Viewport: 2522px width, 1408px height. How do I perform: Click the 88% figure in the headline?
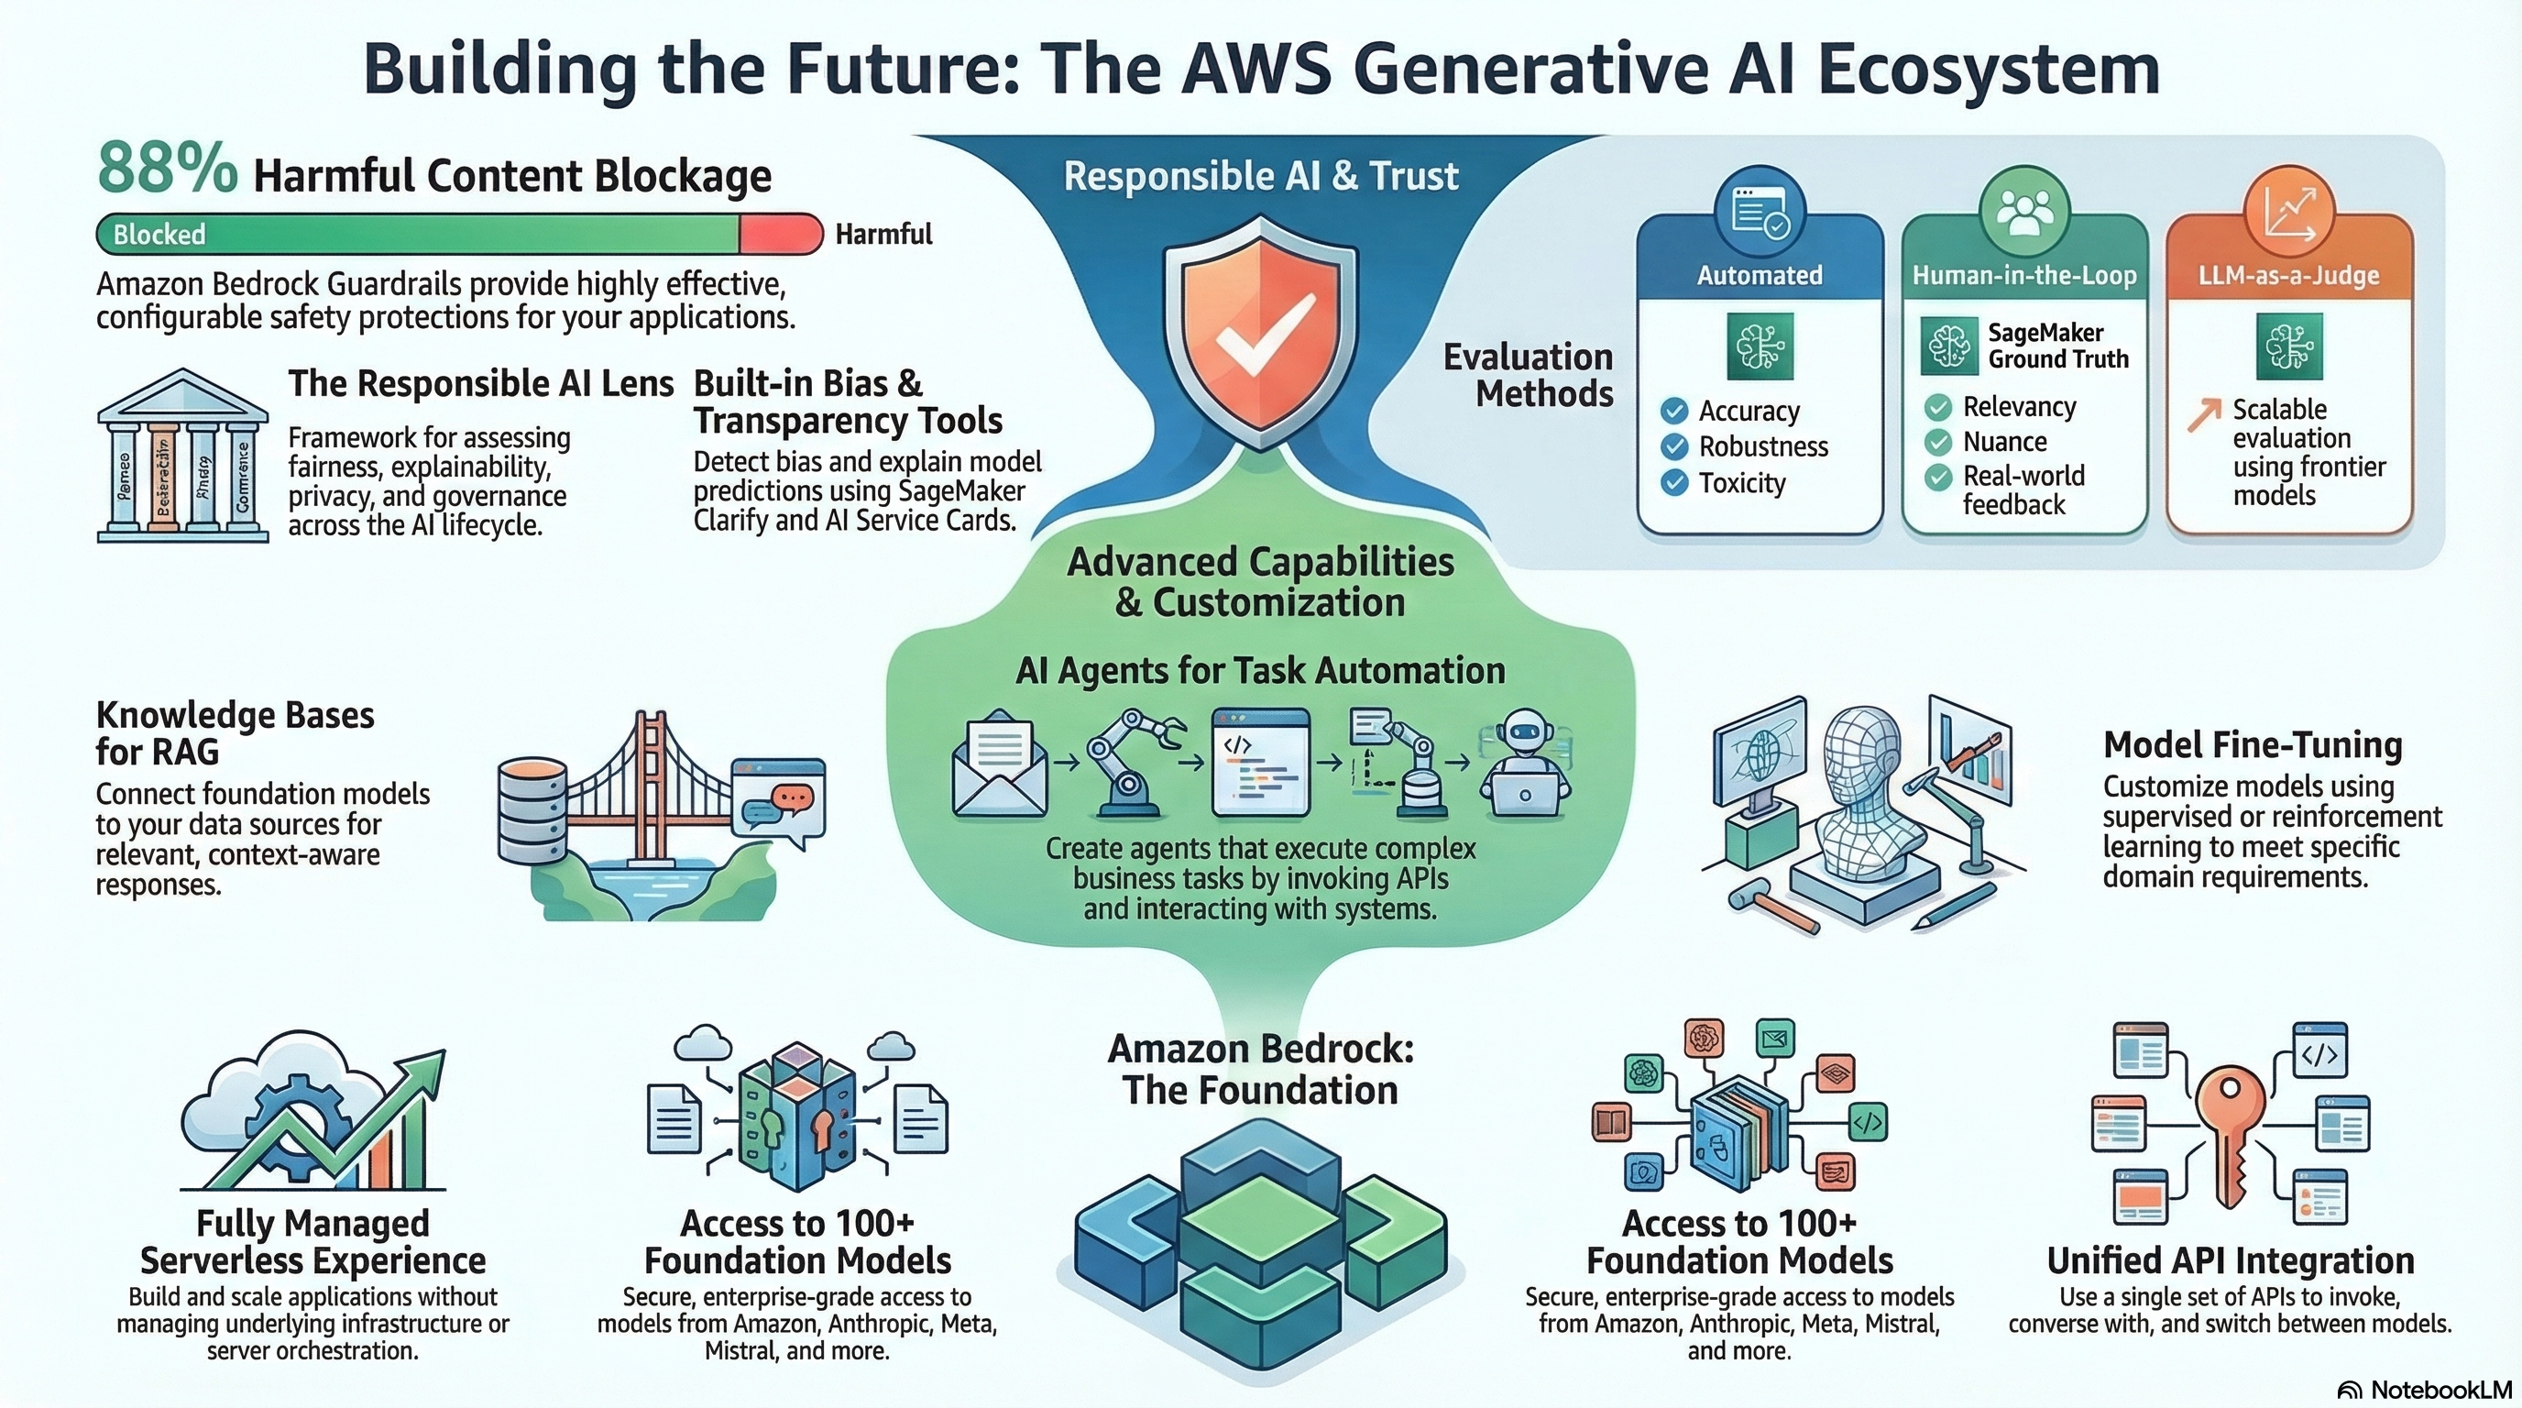coord(167,170)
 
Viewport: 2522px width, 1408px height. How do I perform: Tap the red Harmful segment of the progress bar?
coord(779,234)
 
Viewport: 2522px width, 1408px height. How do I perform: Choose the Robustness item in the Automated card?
coord(1762,446)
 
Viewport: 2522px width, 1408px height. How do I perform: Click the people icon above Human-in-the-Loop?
coord(2023,212)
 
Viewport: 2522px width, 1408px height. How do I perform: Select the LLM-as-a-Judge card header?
coord(2288,275)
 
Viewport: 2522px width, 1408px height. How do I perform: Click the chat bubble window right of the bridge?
coord(778,800)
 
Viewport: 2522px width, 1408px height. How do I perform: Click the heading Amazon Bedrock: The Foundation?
coord(1260,1069)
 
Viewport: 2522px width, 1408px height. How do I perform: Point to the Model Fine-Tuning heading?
coord(2253,745)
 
